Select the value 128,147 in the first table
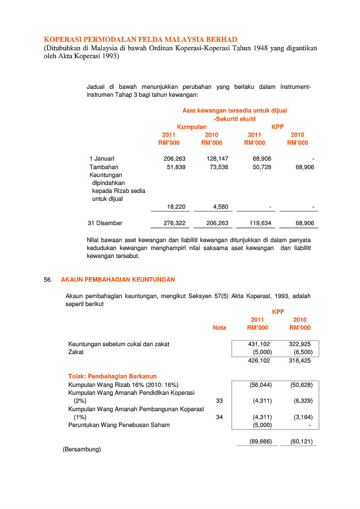217,159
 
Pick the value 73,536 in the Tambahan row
218,167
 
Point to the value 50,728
262,167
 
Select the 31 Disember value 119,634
260,223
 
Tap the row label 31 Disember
105,223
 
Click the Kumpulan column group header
191,127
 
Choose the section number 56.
48,280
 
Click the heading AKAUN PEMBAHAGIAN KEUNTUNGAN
118,280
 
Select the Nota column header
219,328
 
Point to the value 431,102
259,344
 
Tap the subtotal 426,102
259,360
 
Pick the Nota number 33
220,400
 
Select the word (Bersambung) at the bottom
82,450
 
